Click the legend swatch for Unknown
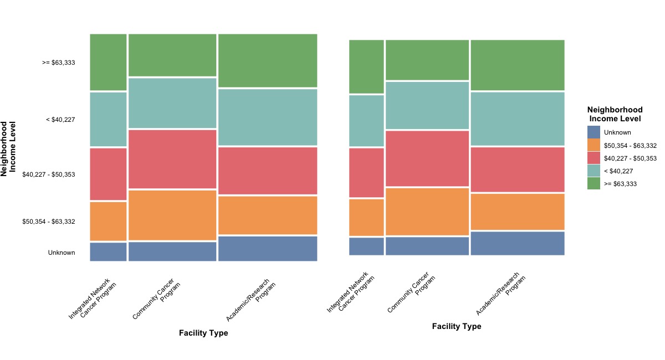click(594, 132)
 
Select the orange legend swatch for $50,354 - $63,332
click(594, 146)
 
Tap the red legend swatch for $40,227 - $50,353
click(594, 158)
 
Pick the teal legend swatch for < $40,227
click(594, 171)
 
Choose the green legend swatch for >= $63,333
click(594, 184)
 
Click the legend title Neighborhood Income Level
click(615, 114)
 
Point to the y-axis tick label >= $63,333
click(58, 63)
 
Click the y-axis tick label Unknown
click(61, 253)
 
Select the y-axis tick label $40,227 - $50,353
click(48, 174)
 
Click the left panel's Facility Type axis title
click(203, 333)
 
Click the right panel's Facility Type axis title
click(457, 326)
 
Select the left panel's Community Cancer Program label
click(157, 299)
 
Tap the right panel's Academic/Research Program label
click(500, 293)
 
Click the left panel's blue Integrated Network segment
click(108, 251)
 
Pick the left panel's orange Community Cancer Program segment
click(172, 215)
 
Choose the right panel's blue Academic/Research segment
click(518, 243)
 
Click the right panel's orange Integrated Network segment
click(366, 217)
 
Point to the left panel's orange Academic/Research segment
click(268, 215)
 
